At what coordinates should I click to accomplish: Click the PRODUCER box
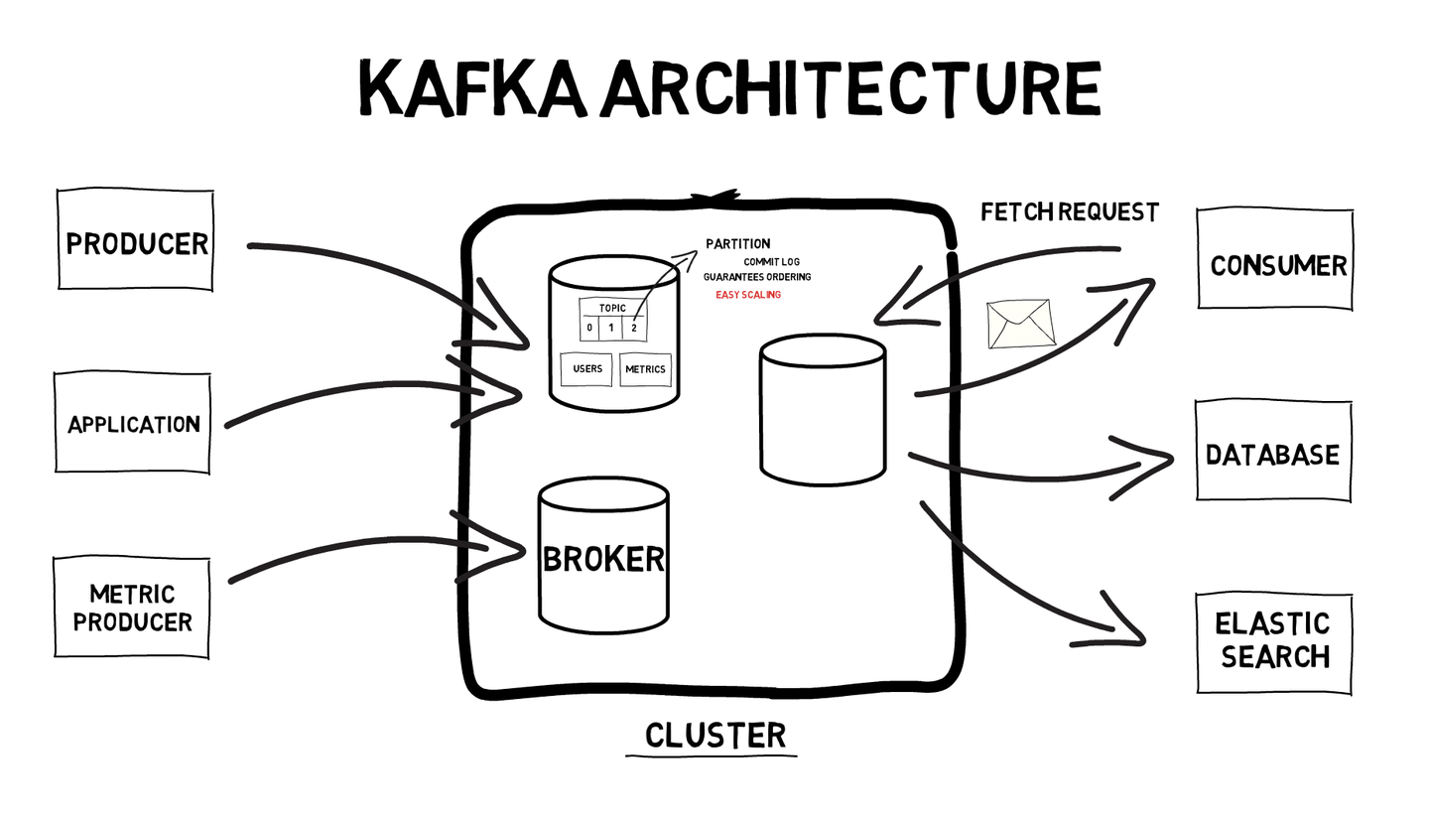point(135,240)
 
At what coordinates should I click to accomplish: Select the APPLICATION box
point(133,423)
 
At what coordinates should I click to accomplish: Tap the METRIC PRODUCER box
point(132,608)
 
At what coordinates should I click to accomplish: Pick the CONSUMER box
point(1276,261)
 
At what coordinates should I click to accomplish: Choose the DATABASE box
point(1273,453)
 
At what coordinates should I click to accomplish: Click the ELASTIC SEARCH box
point(1274,642)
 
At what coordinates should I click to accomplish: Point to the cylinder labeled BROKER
point(603,557)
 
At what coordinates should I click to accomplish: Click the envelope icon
point(1019,324)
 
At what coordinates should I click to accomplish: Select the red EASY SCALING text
point(748,295)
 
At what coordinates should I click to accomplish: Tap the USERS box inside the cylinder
point(587,369)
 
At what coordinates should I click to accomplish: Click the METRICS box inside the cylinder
point(645,369)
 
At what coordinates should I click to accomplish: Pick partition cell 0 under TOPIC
point(589,329)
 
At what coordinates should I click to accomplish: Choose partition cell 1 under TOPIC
point(611,329)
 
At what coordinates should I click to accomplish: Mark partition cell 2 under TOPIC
point(634,329)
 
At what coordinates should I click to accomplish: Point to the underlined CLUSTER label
point(715,736)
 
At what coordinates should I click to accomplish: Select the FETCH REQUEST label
point(1069,212)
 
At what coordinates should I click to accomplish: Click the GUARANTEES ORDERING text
point(756,277)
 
